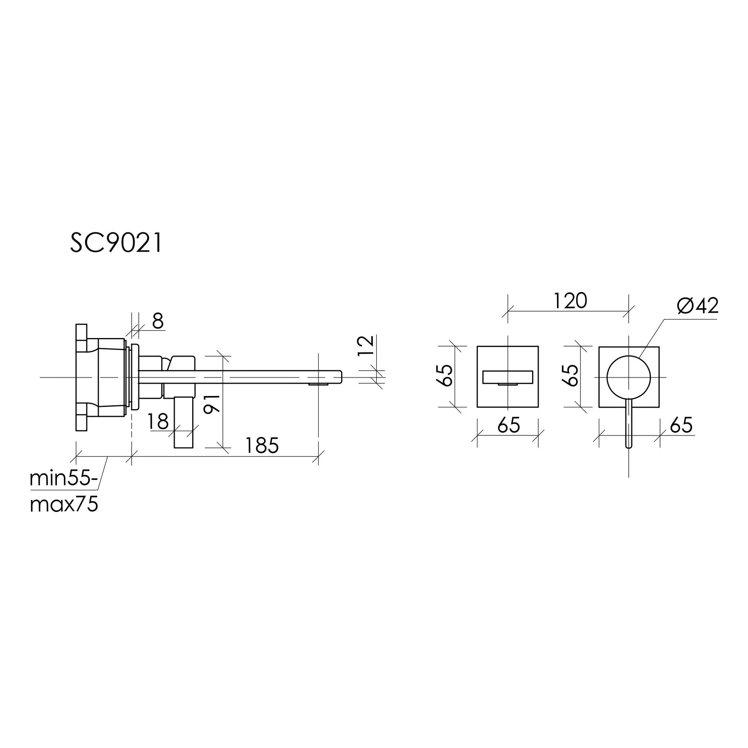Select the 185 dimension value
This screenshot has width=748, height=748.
pyautogui.click(x=262, y=446)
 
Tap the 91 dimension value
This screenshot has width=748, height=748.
pyautogui.click(x=212, y=404)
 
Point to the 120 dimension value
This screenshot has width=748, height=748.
pyautogui.click(x=570, y=301)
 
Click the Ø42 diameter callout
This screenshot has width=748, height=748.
pyautogui.click(x=698, y=306)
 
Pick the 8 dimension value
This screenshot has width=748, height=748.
pyautogui.click(x=157, y=321)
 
